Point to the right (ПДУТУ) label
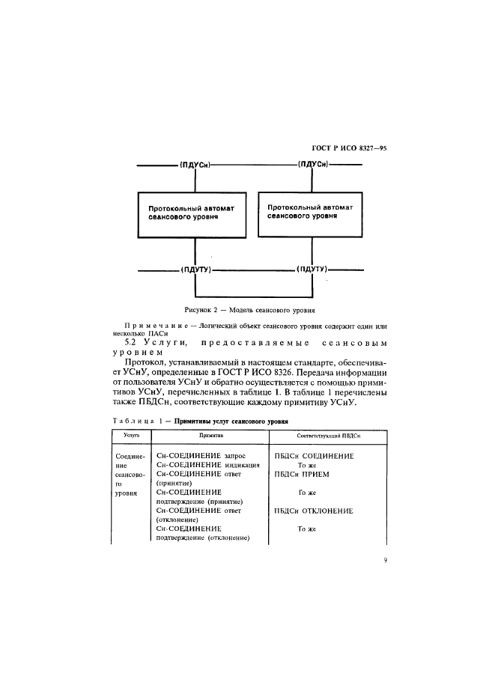(x=313, y=269)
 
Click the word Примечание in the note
(x=151, y=327)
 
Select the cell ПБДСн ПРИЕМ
(x=302, y=474)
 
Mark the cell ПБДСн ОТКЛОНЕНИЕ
(x=314, y=511)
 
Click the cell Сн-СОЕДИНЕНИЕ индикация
(x=207, y=464)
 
